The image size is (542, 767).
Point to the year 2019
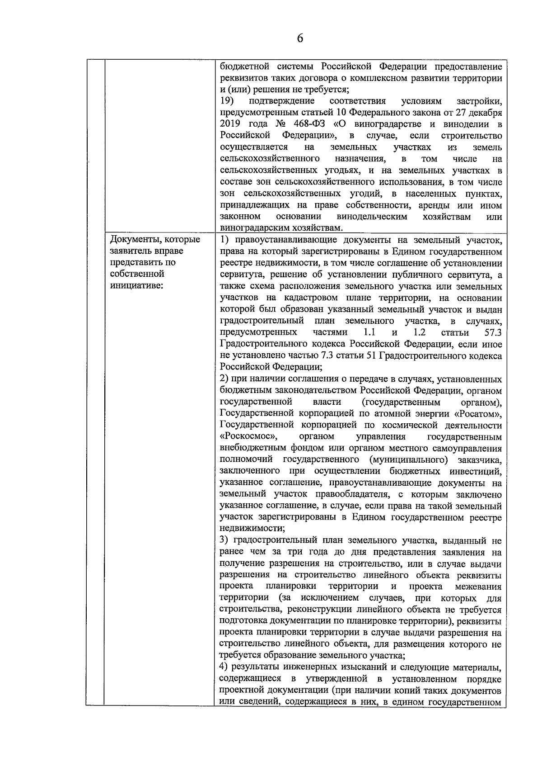coord(230,124)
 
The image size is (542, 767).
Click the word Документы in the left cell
coord(133,239)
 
